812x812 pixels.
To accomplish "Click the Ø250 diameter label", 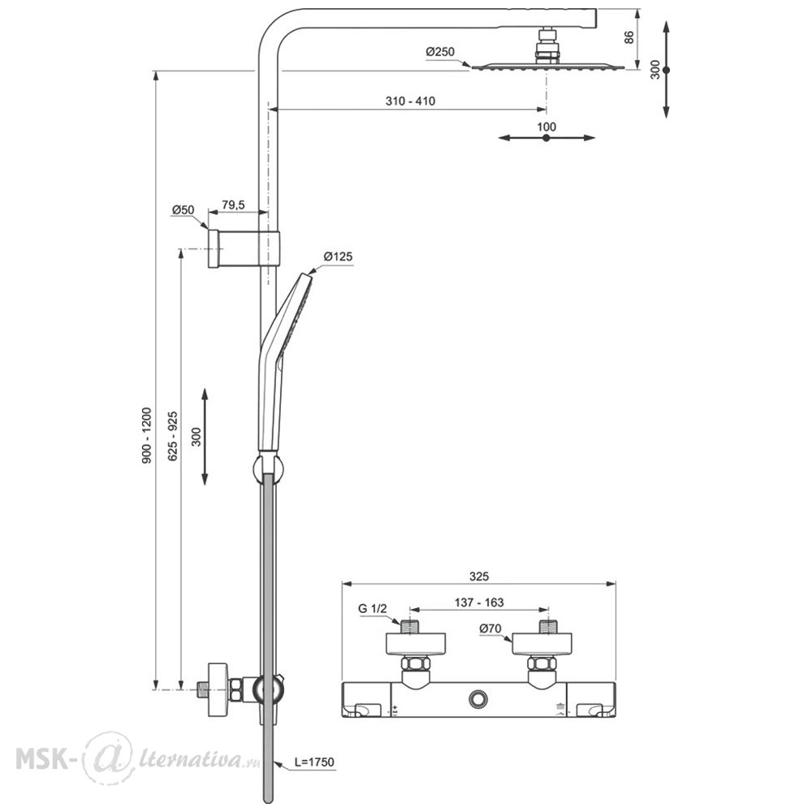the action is coord(440,52).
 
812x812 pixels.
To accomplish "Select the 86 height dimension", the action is coord(629,37).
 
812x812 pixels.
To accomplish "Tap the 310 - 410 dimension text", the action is coord(410,101).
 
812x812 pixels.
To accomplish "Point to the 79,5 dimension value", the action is coord(233,205).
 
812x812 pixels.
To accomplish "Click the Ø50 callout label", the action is coord(184,210).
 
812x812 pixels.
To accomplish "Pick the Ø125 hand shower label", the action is coord(338,257).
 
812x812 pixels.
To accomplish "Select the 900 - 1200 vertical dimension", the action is coord(147,435).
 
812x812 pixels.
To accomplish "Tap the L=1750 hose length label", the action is coord(314,762).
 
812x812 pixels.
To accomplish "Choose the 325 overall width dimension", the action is coord(479,577).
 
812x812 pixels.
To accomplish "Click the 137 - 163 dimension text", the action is coord(479,603).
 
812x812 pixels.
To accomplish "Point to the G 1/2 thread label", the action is coord(373,608).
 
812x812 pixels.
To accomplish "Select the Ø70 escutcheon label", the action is coord(490,628).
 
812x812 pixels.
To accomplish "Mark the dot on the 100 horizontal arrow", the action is coord(546,138).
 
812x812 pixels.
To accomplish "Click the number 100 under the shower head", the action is coord(546,127).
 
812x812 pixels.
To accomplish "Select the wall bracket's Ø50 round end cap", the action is coord(213,248).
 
